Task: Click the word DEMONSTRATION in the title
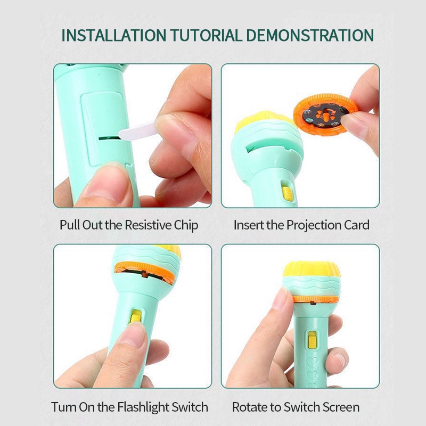click(310, 35)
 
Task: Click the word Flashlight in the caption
click(142, 407)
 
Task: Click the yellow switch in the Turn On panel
click(137, 316)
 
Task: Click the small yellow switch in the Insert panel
click(286, 191)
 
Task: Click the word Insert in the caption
click(248, 225)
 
